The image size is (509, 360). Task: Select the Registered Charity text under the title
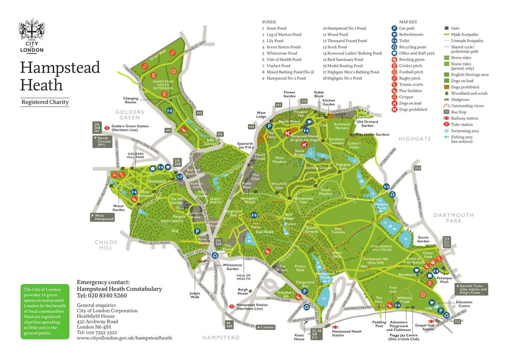tap(45, 102)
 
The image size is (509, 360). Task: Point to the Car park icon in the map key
tap(394, 29)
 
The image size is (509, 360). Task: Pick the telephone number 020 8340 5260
tap(102, 295)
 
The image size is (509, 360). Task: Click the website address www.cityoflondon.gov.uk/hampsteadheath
tap(124, 338)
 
